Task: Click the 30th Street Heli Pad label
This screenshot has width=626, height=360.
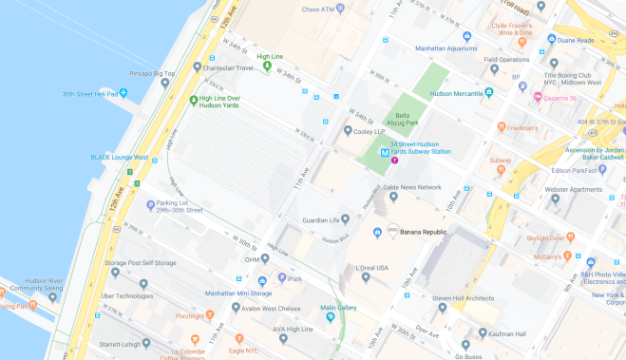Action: [x=89, y=94]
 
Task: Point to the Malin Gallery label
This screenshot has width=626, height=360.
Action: [x=339, y=307]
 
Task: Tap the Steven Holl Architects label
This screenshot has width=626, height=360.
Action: [x=465, y=299]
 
